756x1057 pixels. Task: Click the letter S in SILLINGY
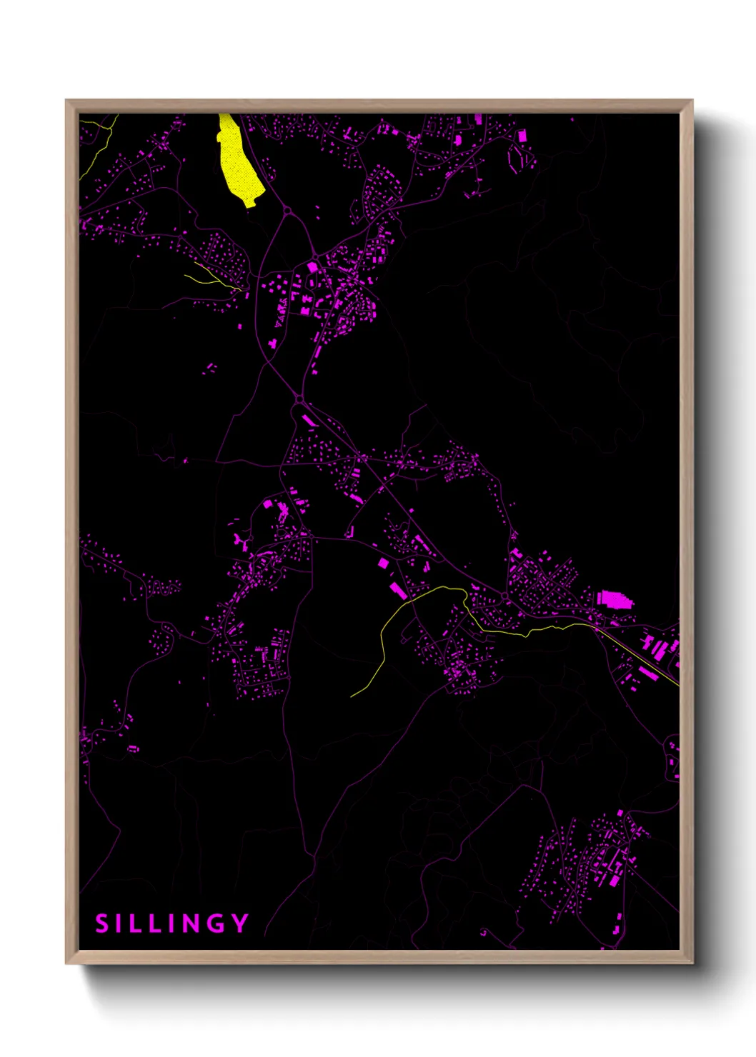(101, 923)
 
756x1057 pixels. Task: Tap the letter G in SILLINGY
(217, 923)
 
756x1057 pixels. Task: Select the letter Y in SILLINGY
(240, 923)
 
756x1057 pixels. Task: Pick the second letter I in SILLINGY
(172, 923)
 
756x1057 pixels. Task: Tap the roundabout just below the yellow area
(287, 211)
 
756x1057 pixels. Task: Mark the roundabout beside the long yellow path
(504, 596)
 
